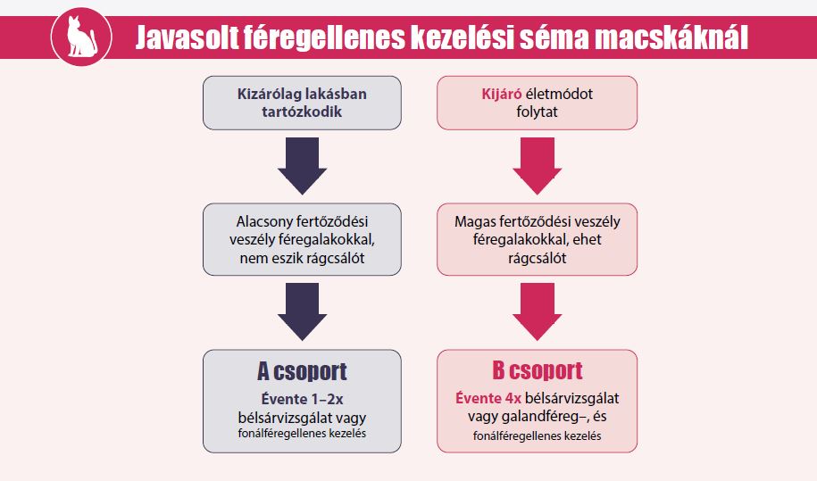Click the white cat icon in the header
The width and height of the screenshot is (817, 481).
81,37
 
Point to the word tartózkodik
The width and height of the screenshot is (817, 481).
302,112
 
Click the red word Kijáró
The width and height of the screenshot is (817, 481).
501,95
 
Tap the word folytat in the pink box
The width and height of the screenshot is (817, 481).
538,112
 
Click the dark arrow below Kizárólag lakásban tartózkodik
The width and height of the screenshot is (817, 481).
302,166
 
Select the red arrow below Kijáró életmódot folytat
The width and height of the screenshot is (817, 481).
538,166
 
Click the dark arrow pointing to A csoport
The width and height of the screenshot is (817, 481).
302,311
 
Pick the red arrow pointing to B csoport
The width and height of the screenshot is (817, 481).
538,311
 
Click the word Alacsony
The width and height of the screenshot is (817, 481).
264,221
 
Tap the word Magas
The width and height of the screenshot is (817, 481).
475,221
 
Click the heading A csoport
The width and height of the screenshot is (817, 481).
302,371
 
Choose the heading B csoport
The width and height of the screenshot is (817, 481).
538,370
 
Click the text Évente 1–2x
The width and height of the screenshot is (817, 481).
302,399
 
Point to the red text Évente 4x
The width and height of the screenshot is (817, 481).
488,398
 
